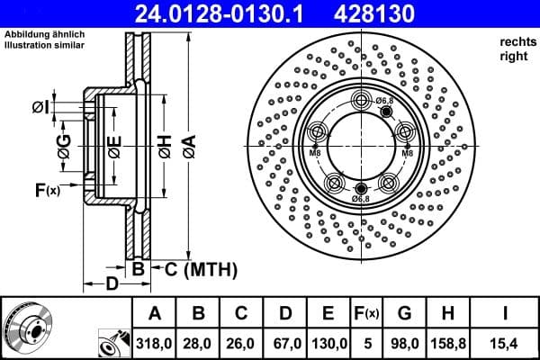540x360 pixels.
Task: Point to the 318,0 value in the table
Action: pos(154,344)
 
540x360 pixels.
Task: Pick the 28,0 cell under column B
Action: pos(200,344)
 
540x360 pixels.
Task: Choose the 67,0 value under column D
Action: pos(286,344)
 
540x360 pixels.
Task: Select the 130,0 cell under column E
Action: pos(328,344)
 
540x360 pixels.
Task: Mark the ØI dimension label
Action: pos(40,108)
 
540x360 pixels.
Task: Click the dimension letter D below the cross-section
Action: pos(111,286)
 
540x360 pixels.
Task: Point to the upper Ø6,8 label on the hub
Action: pos(384,100)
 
